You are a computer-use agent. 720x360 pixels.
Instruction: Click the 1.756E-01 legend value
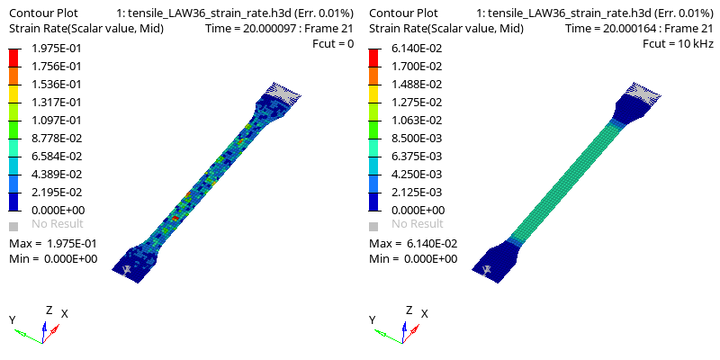point(57,66)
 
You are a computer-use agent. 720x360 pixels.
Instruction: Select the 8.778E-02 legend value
point(57,139)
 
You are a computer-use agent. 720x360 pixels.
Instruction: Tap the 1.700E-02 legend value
point(417,66)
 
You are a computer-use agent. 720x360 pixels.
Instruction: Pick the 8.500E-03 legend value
point(417,139)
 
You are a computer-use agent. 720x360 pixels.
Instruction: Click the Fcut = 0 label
point(332,44)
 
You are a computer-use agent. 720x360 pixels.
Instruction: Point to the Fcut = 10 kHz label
point(678,44)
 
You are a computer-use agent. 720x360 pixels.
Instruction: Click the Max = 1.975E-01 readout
point(53,243)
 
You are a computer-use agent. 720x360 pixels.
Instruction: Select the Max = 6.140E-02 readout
point(413,243)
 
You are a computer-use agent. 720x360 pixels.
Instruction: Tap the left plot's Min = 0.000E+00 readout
point(53,259)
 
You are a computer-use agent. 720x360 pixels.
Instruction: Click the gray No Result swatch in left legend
point(13,226)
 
